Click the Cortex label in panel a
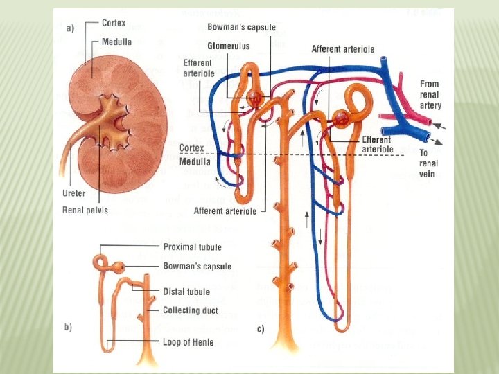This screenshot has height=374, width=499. pyautogui.click(x=113, y=23)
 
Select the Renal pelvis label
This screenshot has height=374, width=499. pyautogui.click(x=85, y=209)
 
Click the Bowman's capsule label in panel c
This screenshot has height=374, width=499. pyautogui.click(x=241, y=28)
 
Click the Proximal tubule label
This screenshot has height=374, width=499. pyautogui.click(x=192, y=246)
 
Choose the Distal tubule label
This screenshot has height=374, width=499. pyautogui.click(x=186, y=292)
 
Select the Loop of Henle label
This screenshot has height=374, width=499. pyautogui.click(x=189, y=341)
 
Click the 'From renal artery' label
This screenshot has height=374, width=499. pyautogui.click(x=430, y=94)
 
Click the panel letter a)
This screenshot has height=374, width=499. pyautogui.click(x=70, y=28)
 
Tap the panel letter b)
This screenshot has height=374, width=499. pyautogui.click(x=69, y=326)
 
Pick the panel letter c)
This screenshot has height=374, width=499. pyautogui.click(x=261, y=330)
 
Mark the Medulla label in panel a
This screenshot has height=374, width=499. pyautogui.click(x=116, y=42)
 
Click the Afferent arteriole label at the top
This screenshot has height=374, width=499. pyautogui.click(x=343, y=49)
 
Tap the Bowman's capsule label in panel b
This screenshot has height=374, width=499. pyautogui.click(x=198, y=267)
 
